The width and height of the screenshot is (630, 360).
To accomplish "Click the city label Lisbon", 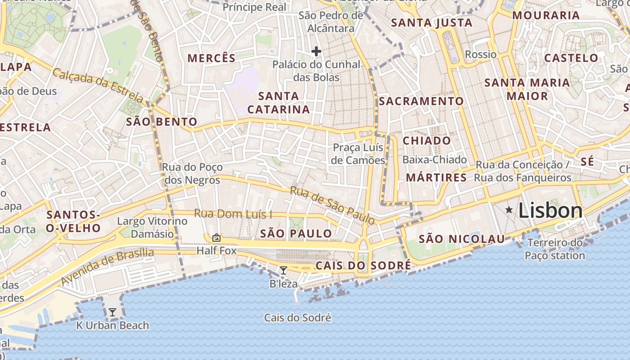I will pos(550,211).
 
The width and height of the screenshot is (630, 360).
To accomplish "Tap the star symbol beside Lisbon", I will pos(509,210).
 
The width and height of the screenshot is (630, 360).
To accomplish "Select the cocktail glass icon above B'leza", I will pos(283,270).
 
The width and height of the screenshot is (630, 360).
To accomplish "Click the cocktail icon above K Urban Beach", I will pos(112,312).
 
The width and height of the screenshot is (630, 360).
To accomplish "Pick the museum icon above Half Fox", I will pos(216,238).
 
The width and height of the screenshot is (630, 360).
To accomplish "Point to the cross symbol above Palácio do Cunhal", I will pos(316,51).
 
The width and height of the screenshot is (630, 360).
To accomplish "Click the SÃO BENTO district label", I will pos(162,121).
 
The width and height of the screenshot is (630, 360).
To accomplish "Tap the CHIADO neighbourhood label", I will pos(427,140).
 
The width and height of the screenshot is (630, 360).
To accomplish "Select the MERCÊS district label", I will pos(211,58).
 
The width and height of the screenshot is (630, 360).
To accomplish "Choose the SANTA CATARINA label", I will pos(279,103).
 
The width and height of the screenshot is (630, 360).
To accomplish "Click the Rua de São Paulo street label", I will pos(332,205).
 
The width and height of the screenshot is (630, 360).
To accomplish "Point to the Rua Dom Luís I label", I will pos(233,214).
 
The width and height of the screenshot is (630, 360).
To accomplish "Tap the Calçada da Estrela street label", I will pos(98,85).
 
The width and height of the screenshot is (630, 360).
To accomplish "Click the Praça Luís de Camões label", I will pos(358,154).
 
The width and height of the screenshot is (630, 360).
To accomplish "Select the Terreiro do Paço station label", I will pos(555,249).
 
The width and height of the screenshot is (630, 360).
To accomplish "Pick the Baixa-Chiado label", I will pos(435,160).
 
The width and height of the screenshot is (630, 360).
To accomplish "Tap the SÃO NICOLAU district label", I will pos(462,239).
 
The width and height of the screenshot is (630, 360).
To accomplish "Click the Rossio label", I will pos(481,54).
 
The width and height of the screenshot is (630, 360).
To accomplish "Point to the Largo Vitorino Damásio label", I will pos(152,227).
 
